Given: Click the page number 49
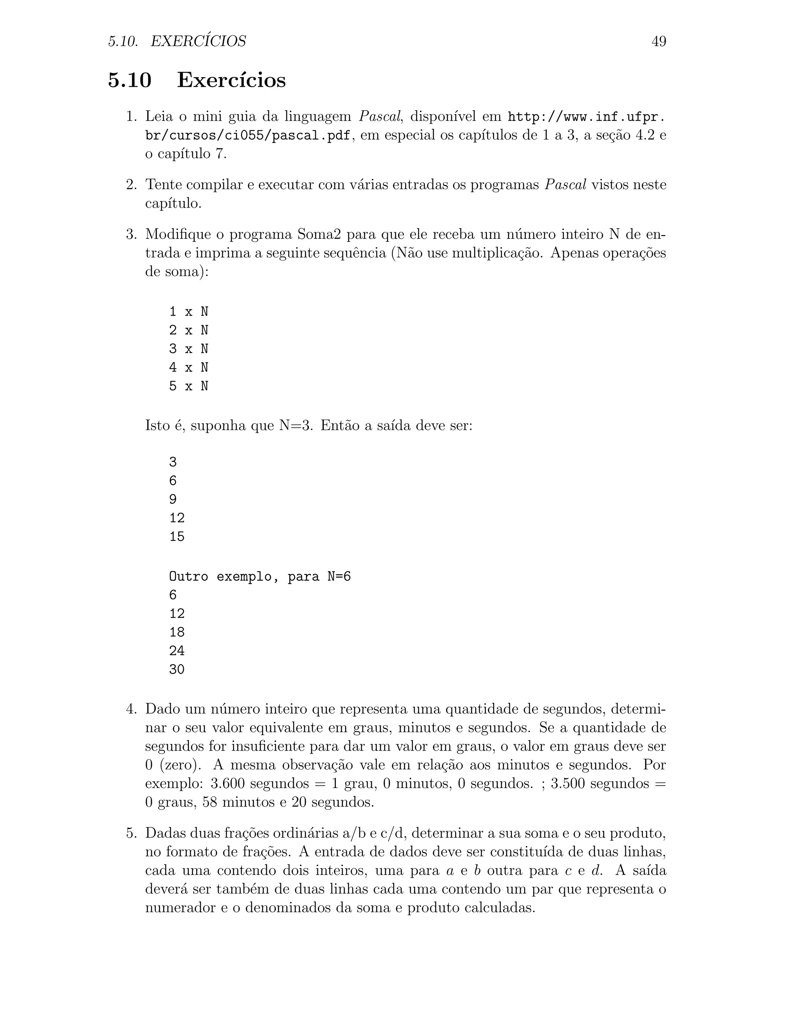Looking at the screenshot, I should (x=658, y=42).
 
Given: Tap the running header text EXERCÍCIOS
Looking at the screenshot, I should (x=198, y=42).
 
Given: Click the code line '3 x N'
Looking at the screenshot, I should (x=188, y=349).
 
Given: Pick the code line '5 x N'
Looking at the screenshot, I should (x=188, y=386).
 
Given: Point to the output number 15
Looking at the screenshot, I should (x=177, y=537).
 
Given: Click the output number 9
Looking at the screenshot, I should (x=173, y=499).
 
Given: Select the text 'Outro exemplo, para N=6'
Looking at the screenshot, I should (x=259, y=576).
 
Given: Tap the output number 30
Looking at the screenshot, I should (x=177, y=670).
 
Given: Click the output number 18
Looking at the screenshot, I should (x=177, y=632).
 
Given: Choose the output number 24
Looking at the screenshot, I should (x=177, y=651).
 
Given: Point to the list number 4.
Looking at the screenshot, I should (x=131, y=709).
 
